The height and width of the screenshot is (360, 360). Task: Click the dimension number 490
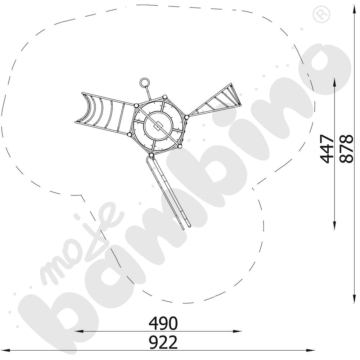pyautogui.click(x=163, y=323)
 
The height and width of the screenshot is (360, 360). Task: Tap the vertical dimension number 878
pyautogui.click(x=346, y=149)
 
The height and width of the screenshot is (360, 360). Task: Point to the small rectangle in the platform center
pyautogui.click(x=158, y=126)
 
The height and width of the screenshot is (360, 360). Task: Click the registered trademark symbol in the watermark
pyautogui.click(x=321, y=14)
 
